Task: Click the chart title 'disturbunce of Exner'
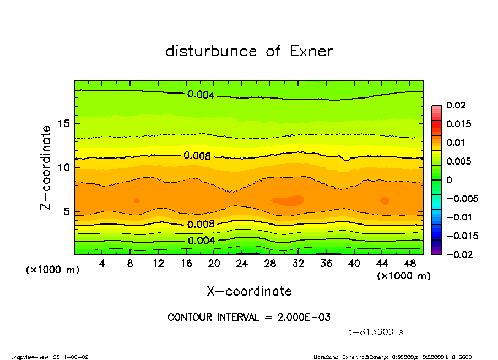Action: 249,52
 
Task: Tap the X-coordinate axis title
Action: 249,291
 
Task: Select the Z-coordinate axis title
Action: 46,167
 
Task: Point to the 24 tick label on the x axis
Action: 242,264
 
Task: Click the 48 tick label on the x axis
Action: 409,264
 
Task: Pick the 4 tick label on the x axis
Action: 102,264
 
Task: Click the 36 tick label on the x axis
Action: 326,264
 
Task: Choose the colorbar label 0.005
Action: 458,161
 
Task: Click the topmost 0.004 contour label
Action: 201,95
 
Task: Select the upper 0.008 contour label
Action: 197,156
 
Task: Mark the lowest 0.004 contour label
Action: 201,241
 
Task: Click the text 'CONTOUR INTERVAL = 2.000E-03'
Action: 249,318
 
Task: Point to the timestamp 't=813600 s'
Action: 376,332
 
